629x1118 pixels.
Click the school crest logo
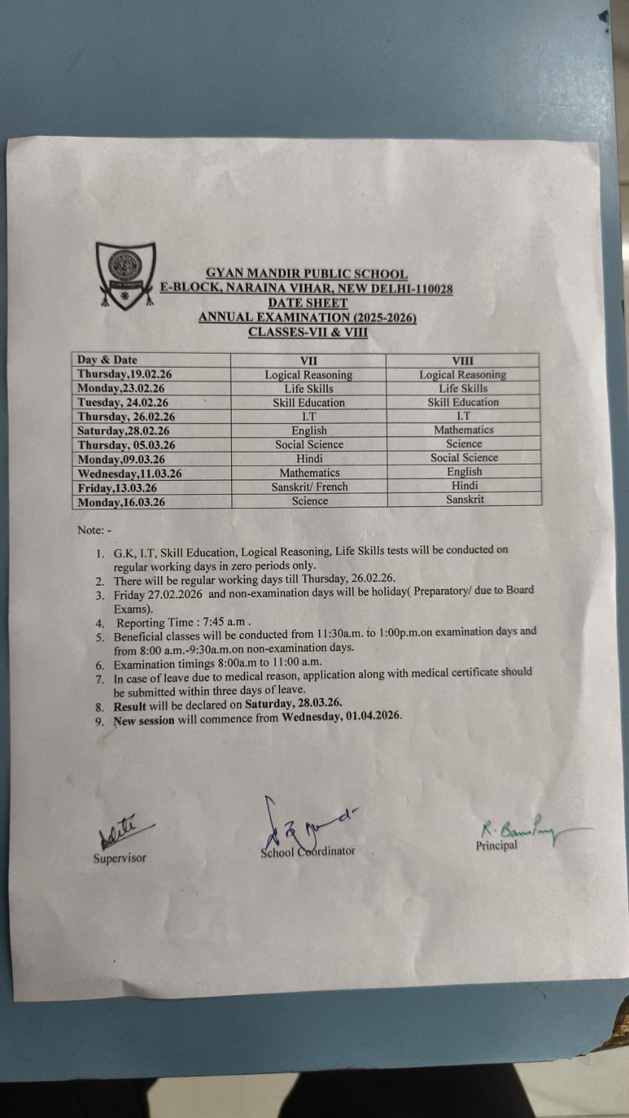coord(126,273)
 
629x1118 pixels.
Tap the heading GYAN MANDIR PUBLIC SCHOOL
coord(307,275)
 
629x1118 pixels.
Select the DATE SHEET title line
coord(308,303)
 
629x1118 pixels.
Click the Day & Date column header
coord(107,360)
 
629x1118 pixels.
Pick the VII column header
coord(308,361)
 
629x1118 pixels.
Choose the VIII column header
coord(463,361)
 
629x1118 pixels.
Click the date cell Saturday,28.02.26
coord(124,431)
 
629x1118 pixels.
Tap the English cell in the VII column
coord(309,431)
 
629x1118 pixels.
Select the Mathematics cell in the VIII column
coord(463,430)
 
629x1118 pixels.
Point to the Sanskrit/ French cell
coord(309,487)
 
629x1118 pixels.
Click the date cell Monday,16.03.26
coord(122,502)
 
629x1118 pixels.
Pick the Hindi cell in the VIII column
coord(465,486)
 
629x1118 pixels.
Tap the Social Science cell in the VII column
coord(309,445)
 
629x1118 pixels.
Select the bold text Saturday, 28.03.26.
coord(293,703)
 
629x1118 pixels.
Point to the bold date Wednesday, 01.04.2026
coord(342,716)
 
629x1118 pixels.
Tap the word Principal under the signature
coord(496,845)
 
